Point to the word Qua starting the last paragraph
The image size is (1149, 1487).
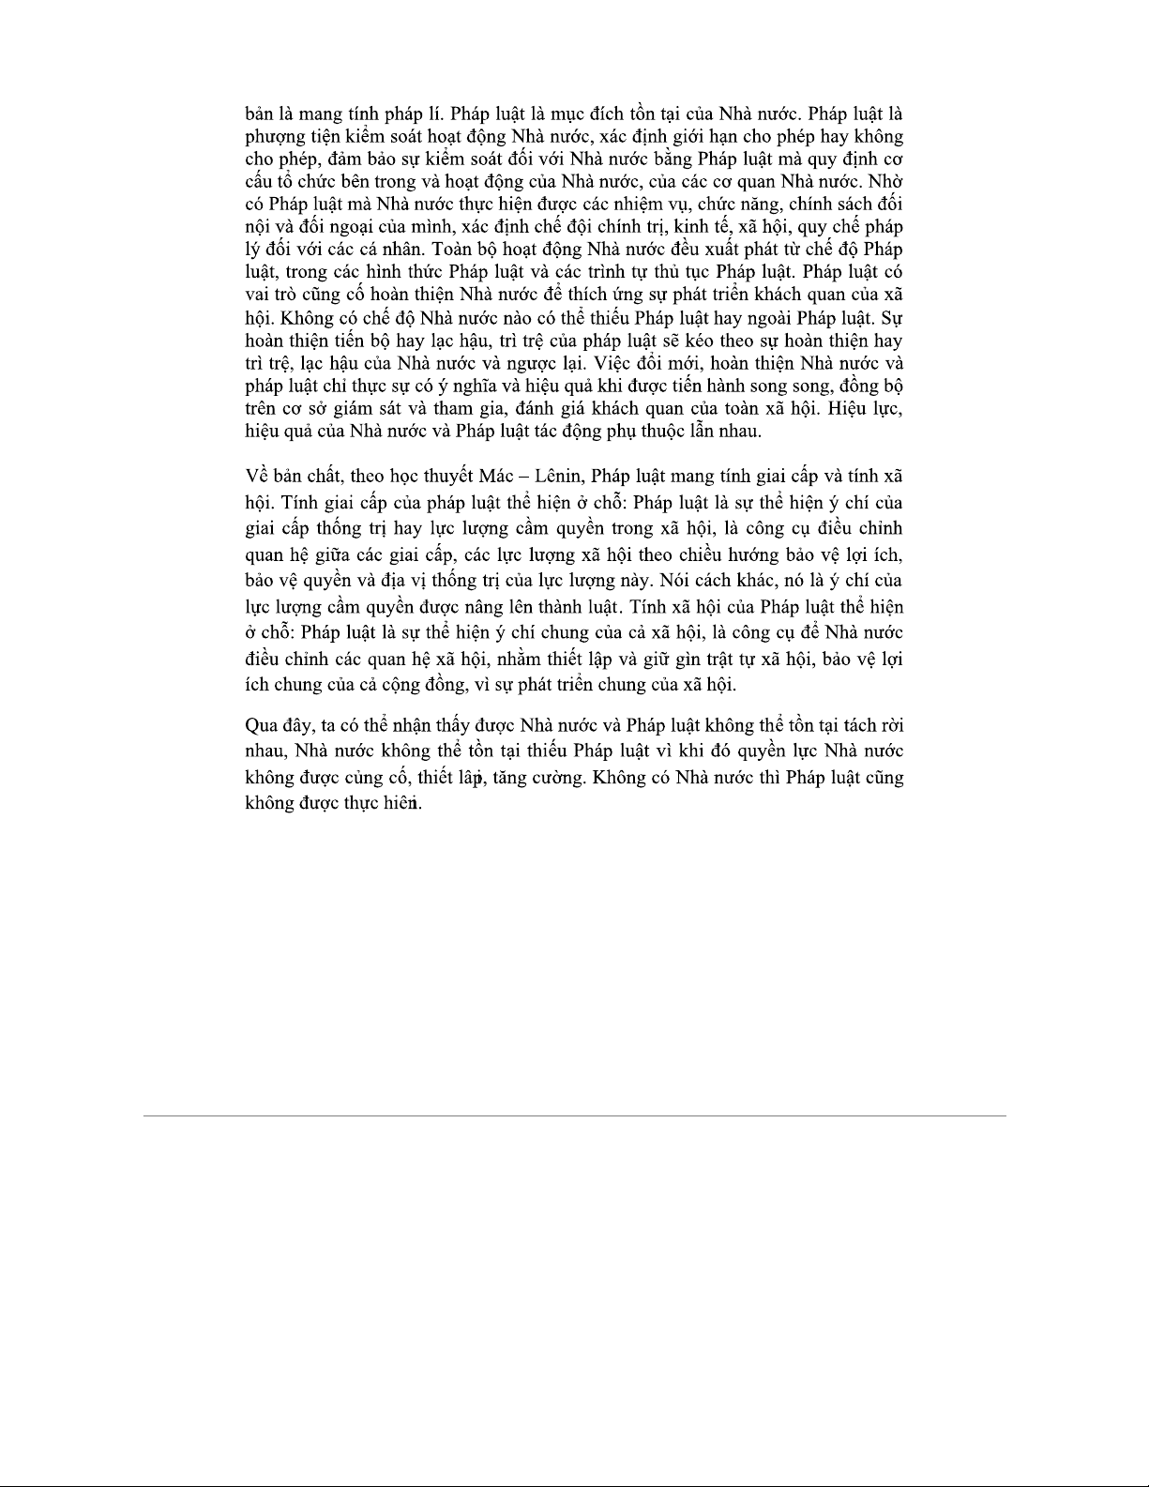click(x=260, y=725)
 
